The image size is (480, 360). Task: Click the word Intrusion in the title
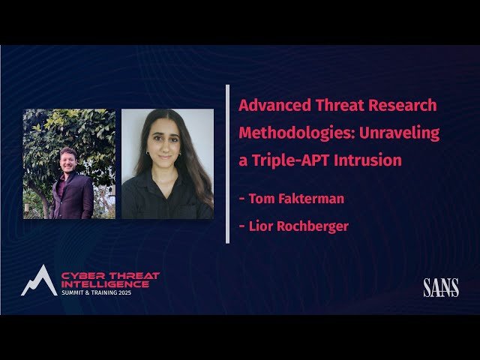click(367, 160)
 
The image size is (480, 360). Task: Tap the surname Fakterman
click(309, 199)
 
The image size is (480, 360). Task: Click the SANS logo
click(440, 287)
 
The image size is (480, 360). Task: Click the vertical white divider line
click(227, 163)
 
